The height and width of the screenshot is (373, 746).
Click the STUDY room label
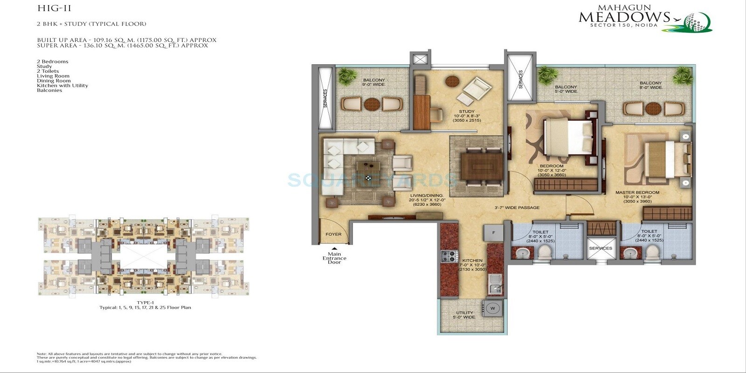click(x=466, y=111)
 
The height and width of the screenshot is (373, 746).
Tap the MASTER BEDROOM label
click(x=637, y=193)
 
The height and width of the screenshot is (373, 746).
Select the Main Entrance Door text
click(x=334, y=258)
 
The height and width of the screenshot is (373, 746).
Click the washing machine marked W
click(x=493, y=308)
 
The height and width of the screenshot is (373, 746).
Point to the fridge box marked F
click(x=493, y=233)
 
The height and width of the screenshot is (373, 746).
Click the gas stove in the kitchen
click(x=449, y=256)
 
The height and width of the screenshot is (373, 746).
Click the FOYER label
click(x=333, y=234)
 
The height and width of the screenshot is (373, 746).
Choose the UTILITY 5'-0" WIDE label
click(x=464, y=315)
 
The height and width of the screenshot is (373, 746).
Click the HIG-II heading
click(x=48, y=8)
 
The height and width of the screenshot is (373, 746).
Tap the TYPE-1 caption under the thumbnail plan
click(x=145, y=303)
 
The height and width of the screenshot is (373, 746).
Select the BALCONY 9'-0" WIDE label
click(x=374, y=83)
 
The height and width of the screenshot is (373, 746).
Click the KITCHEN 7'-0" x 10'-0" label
click(x=472, y=265)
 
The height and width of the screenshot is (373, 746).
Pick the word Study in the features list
click(x=44, y=66)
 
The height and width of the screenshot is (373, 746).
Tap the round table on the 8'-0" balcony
click(x=651, y=109)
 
